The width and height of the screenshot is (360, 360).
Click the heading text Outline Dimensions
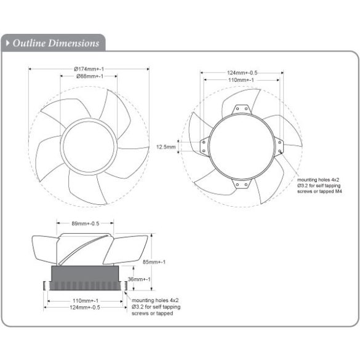coord(56,43)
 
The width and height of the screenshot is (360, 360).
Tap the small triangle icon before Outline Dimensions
coord(7,43)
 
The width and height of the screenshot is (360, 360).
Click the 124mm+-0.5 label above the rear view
coord(242,73)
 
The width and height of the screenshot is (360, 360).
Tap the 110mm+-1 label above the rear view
coord(242,80)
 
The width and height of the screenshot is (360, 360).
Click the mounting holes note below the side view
coord(152,307)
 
